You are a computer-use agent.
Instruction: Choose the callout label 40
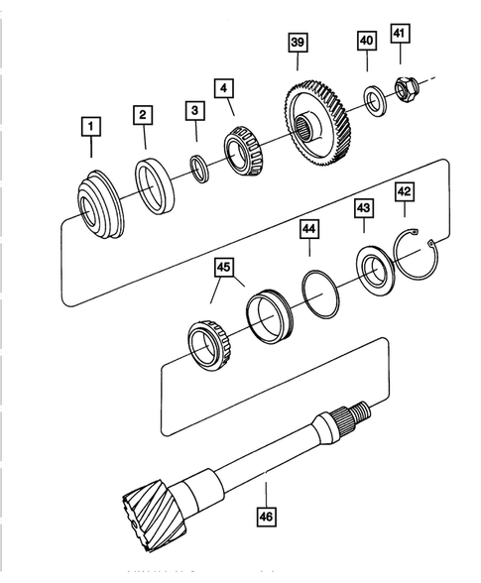tap(366, 41)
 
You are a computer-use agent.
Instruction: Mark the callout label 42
tap(404, 191)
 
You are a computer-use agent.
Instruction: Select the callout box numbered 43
tap(364, 209)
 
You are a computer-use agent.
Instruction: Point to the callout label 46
tap(266, 516)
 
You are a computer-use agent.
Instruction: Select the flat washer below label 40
tap(374, 99)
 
